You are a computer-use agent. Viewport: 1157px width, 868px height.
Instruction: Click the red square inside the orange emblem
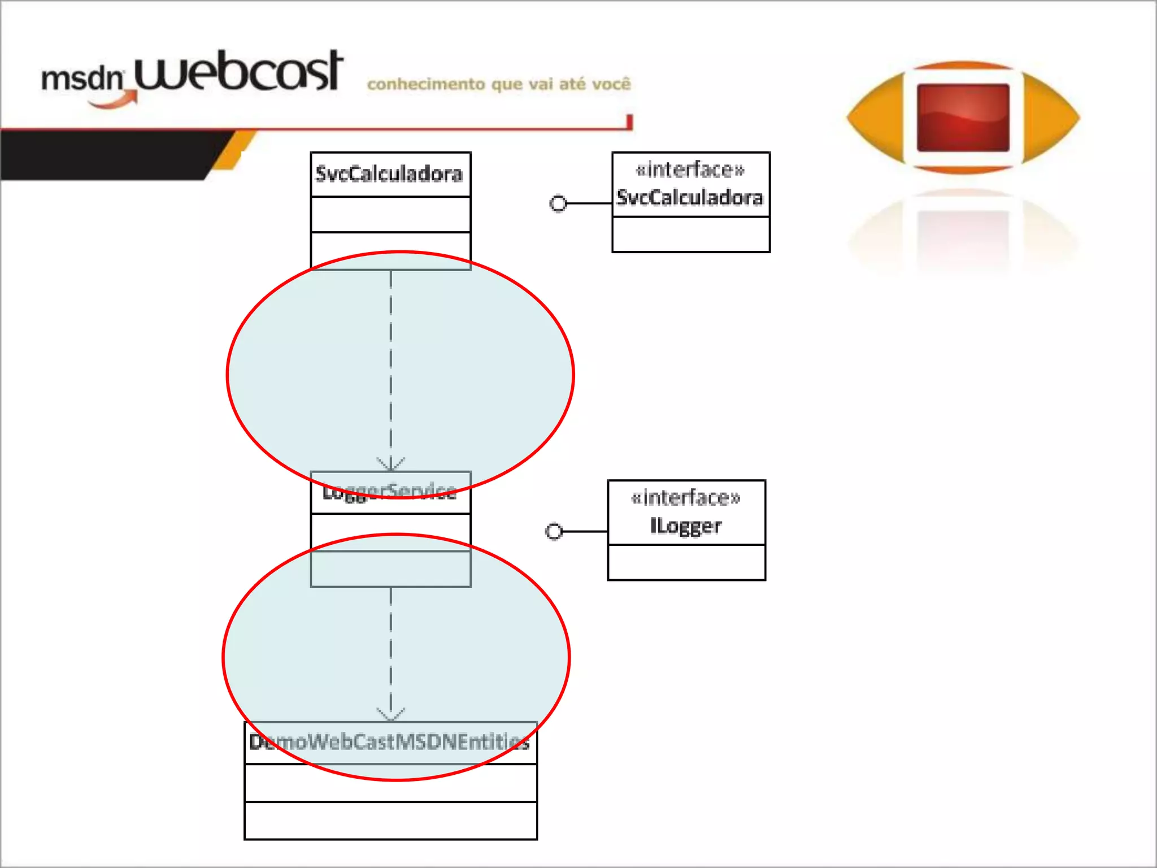tap(963, 118)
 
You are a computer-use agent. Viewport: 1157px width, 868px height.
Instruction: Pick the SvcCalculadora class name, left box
tap(389, 174)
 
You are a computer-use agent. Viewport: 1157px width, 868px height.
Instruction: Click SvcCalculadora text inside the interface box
tap(690, 198)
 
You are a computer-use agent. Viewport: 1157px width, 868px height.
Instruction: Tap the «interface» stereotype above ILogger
tap(686, 498)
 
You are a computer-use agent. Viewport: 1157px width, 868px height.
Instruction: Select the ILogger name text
tap(686, 526)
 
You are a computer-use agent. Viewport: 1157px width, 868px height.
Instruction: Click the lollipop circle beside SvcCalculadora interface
tap(558, 203)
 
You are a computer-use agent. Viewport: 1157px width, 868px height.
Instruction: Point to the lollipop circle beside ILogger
tap(554, 531)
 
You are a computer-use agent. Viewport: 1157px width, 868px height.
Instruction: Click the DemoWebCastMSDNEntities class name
tap(390, 742)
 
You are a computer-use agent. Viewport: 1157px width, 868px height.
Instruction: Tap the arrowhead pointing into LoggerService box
tap(390, 465)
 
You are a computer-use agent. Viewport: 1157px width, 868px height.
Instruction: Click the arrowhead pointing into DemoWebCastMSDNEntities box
tap(390, 715)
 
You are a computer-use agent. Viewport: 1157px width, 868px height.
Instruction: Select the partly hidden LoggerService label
tap(390, 492)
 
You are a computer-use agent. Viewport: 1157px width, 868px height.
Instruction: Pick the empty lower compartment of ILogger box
tap(686, 562)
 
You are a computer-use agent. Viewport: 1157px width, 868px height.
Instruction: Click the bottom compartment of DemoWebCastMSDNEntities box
tap(390, 821)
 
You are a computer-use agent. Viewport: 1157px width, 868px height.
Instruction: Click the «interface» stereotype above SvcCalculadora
tap(690, 170)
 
